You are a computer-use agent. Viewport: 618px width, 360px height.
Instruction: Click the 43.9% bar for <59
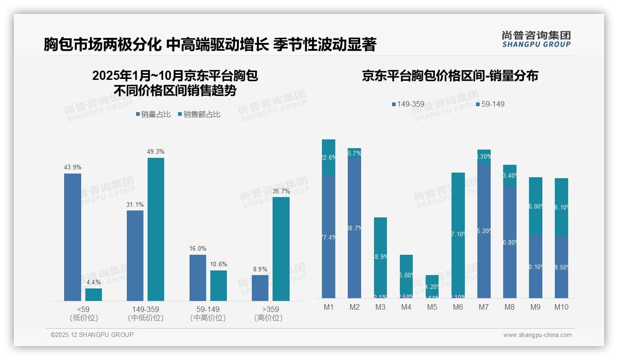coord(72,237)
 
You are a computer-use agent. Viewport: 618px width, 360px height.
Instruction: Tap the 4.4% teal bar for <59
coord(94,295)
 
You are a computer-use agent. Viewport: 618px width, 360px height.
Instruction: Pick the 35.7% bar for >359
coord(281,249)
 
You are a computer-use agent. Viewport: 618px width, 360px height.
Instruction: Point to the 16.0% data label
coord(197,249)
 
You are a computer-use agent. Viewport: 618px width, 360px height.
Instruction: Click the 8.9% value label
coord(260,269)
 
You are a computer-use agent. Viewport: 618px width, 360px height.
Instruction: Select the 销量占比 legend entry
coord(154,114)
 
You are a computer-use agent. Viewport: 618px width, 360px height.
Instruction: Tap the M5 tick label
coord(432,307)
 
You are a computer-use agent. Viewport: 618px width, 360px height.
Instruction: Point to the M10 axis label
coord(561,307)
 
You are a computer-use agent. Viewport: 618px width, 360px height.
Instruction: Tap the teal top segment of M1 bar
coord(328,157)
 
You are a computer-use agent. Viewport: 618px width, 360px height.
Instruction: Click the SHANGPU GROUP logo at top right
coord(536,39)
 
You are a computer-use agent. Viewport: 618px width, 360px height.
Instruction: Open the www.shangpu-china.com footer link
coord(537,335)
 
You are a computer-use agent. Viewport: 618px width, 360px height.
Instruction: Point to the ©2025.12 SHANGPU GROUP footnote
coord(92,335)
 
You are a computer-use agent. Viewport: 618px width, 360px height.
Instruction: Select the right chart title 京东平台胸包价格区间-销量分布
coord(450,76)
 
